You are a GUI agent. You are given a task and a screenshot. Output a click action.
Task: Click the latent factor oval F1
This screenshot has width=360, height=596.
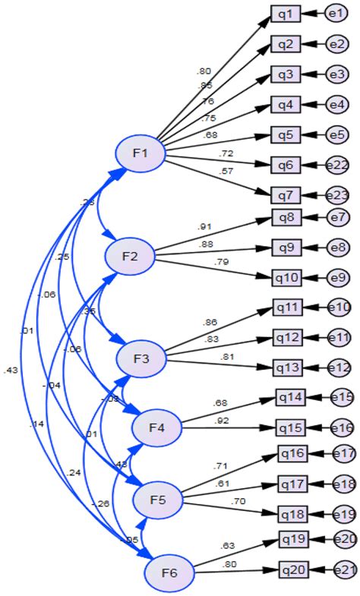coord(141,154)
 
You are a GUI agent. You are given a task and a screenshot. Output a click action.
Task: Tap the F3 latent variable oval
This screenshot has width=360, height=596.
coord(140,358)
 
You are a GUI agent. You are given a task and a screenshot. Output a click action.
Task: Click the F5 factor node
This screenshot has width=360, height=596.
coord(158,501)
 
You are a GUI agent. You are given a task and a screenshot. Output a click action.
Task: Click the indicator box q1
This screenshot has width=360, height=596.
coord(286,14)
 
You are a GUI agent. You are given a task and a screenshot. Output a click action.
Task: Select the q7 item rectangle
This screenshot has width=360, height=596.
coord(286,194)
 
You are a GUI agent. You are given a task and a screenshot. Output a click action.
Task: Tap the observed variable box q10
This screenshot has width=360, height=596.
coord(289,277)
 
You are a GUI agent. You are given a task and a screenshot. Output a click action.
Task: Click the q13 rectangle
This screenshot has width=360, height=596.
coord(289,367)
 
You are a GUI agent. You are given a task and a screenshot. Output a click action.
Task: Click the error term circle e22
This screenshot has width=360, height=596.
coord(337,165)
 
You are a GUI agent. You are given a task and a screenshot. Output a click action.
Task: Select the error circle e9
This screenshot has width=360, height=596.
coord(337,278)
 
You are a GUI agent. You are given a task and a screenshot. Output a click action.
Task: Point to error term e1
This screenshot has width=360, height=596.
coord(336,14)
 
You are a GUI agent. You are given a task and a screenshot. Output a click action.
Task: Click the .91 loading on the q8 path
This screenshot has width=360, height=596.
coord(204,225)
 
